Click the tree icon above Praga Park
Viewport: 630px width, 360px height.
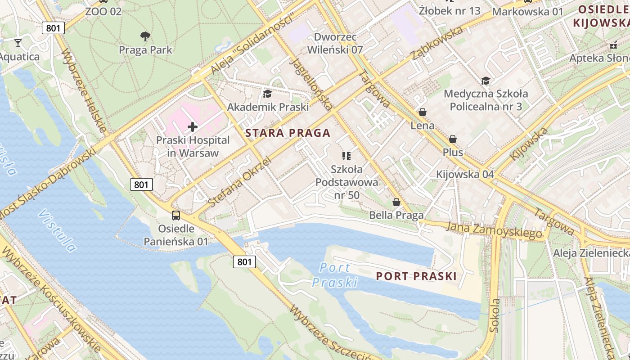click(x=145, y=36)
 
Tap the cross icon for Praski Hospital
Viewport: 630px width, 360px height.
click(x=193, y=127)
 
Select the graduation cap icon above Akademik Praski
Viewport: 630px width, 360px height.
click(x=268, y=94)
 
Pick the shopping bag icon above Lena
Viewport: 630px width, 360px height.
click(x=422, y=112)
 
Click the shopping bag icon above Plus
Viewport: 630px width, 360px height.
click(x=453, y=139)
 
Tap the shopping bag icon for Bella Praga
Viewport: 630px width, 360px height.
click(x=396, y=202)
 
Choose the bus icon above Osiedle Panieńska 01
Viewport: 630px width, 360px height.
click(x=176, y=215)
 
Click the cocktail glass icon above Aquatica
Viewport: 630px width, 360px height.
click(x=18, y=43)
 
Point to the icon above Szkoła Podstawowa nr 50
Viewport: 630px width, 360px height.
click(x=346, y=156)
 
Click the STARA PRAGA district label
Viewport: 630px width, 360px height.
click(x=288, y=133)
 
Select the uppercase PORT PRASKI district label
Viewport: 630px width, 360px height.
click(x=416, y=276)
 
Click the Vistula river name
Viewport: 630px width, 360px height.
click(x=58, y=230)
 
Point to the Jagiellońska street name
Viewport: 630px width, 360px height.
click(x=312, y=84)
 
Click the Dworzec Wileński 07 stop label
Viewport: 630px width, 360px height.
click(x=335, y=43)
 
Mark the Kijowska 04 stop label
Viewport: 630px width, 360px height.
click(x=465, y=174)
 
